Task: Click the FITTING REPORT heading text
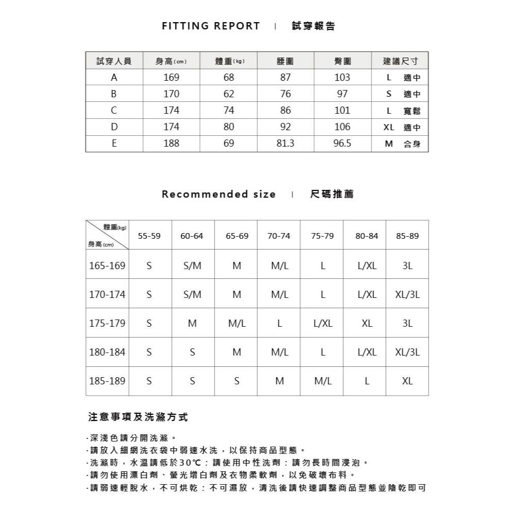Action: [x=211, y=26]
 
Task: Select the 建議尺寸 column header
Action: [x=400, y=61]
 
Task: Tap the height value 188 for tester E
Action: [x=171, y=144]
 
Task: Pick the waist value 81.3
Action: [x=285, y=144]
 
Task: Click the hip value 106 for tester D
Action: [x=342, y=127]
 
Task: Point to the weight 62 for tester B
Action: [x=228, y=94]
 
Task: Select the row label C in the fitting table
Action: [x=114, y=110]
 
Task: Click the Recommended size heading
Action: [x=219, y=194]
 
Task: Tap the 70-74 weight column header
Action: [x=279, y=236]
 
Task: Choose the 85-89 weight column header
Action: [x=408, y=236]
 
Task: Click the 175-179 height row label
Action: [x=107, y=324]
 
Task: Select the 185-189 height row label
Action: [x=107, y=382]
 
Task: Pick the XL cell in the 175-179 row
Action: [x=366, y=324]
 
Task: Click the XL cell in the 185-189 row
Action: [x=408, y=382]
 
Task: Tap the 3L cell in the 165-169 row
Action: [x=408, y=266]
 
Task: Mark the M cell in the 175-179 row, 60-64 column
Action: [x=192, y=324]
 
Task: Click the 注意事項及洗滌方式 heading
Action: [x=138, y=417]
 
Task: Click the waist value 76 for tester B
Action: [x=286, y=94]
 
